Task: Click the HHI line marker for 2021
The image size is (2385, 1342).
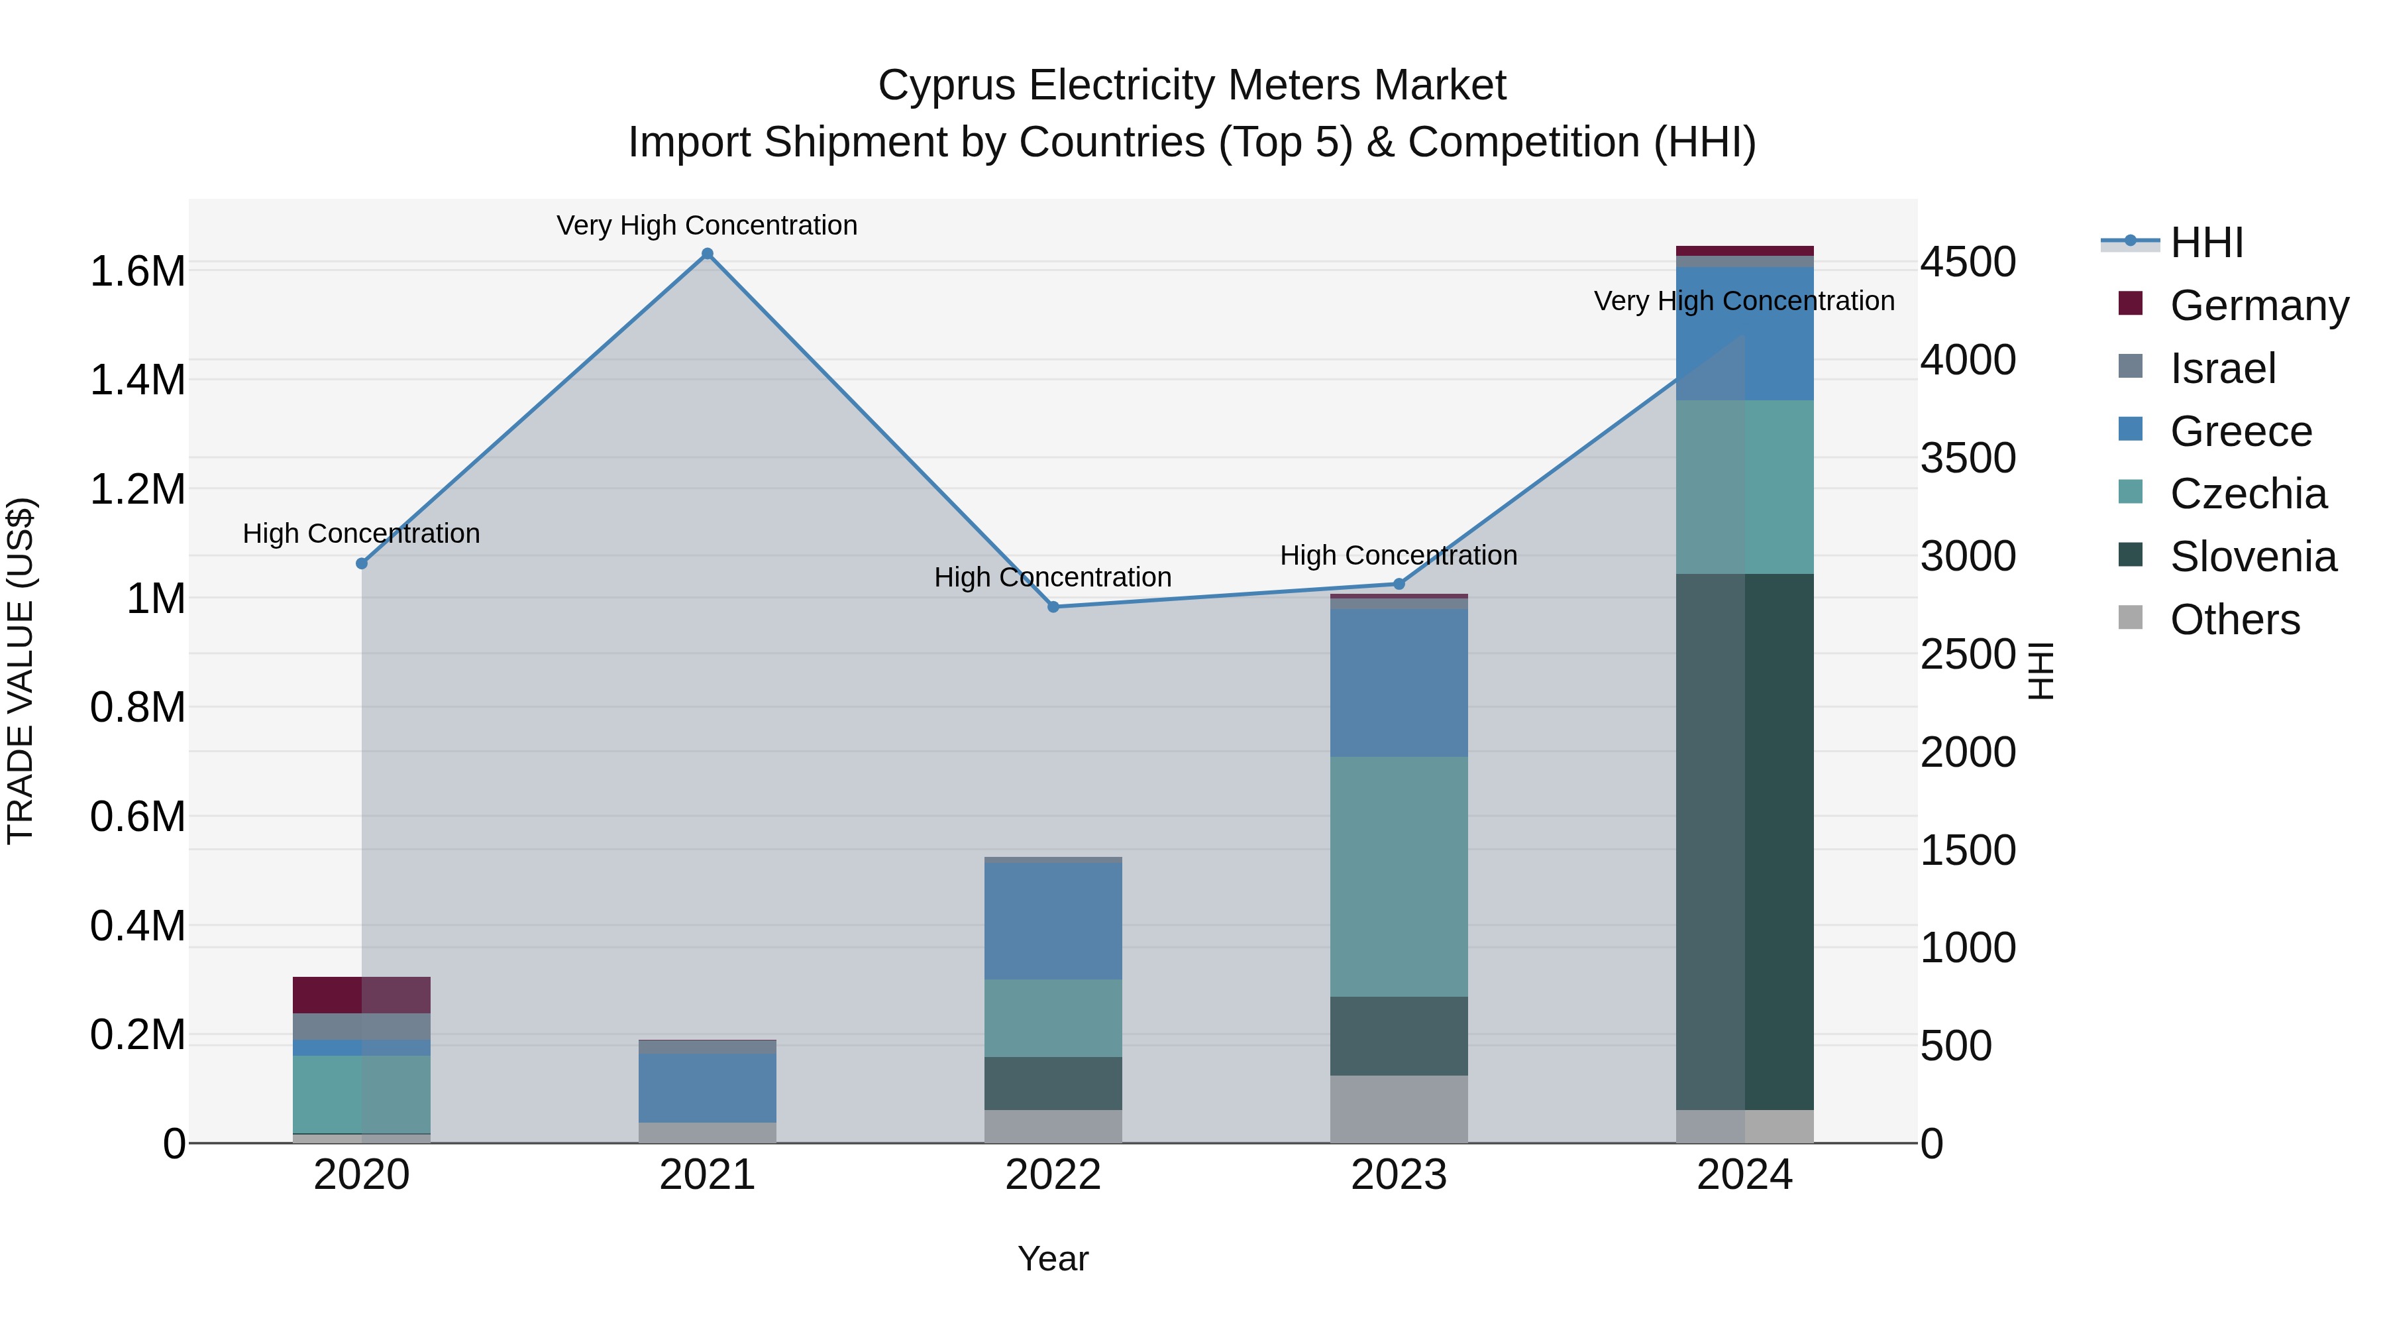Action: point(708,254)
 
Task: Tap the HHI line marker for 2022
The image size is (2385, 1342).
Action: point(1053,606)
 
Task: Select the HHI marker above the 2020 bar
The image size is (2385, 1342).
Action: point(362,563)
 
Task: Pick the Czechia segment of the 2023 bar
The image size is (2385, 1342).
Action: point(1399,876)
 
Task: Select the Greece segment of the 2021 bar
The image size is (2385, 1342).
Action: point(708,1088)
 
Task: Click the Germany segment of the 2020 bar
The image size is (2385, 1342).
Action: point(362,995)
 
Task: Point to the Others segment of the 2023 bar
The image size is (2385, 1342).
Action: point(1399,1109)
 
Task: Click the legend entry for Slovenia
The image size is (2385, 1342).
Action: point(2252,557)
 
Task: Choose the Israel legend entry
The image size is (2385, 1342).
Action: point(2222,368)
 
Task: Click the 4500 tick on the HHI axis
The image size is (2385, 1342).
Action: point(1968,262)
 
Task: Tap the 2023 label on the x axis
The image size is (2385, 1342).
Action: point(1399,1175)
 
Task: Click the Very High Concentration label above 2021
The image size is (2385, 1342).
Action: point(708,225)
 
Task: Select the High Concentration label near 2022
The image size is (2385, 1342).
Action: point(1053,577)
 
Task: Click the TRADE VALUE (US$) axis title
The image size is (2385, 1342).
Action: point(21,671)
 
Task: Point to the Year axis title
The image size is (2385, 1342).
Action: point(1053,1258)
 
